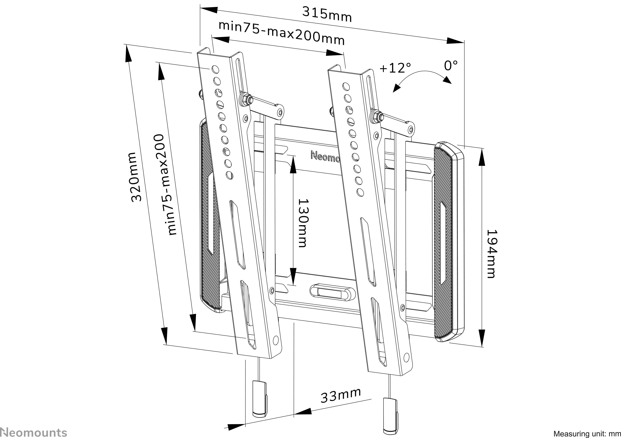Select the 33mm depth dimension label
(x=341, y=395)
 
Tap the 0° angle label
(x=451, y=66)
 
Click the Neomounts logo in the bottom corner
(x=34, y=432)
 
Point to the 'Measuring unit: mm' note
(x=587, y=434)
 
